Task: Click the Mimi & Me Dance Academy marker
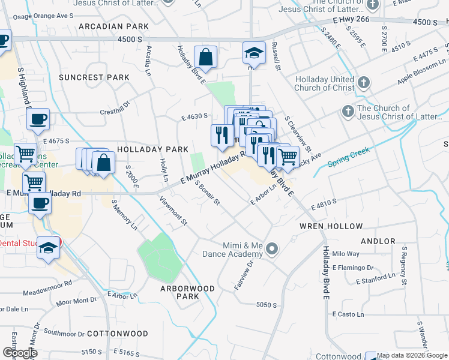click(273, 249)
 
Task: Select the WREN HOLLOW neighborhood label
click(331, 226)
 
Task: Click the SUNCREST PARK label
click(94, 77)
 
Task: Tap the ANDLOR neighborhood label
click(378, 241)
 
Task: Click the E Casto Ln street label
click(348, 314)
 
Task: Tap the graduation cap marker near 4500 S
click(254, 53)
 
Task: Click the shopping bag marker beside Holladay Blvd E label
click(205, 58)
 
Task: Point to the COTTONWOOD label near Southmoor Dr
click(118, 333)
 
